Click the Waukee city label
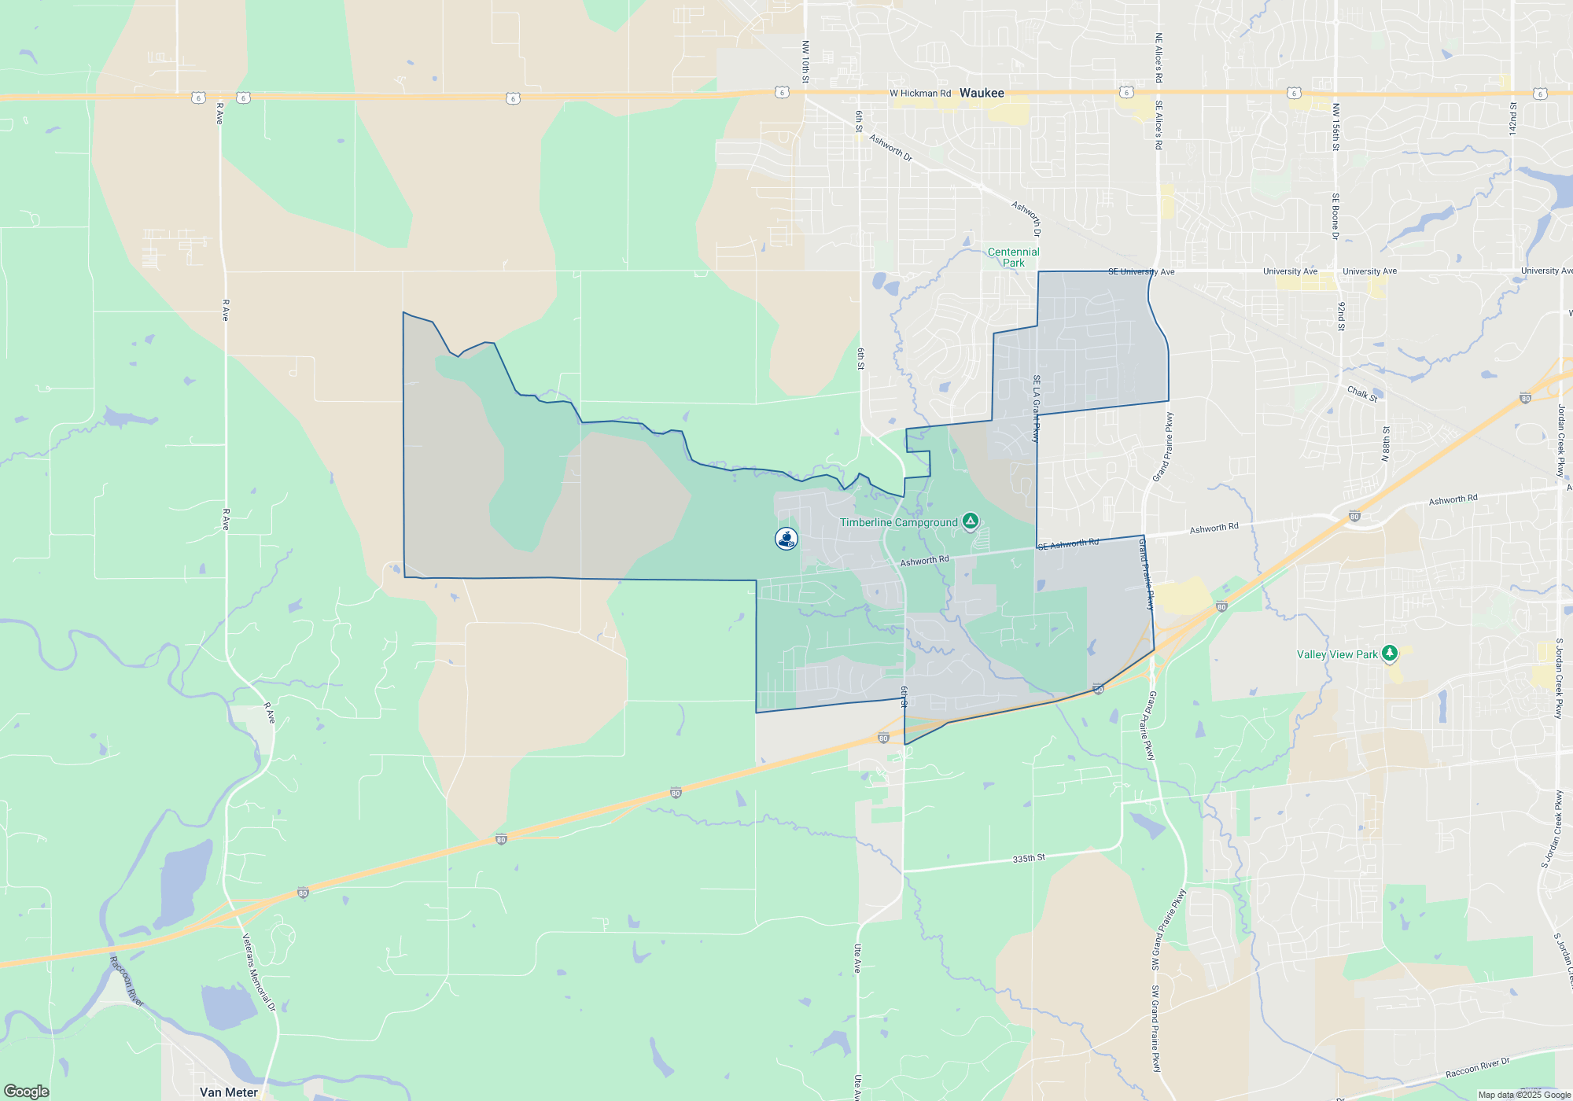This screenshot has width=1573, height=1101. click(x=982, y=93)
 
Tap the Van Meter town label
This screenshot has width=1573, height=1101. click(x=228, y=1092)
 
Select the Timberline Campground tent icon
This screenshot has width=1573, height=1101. click(x=971, y=521)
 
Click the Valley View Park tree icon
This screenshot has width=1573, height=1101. click(x=1390, y=654)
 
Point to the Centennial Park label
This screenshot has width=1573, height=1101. click(x=1013, y=257)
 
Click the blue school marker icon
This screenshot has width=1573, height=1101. click(x=786, y=539)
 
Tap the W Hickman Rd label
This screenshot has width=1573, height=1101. click(x=920, y=93)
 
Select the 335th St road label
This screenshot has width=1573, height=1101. click(x=1029, y=858)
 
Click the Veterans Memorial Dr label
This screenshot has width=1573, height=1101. click(x=259, y=972)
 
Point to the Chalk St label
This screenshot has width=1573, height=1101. click(x=1362, y=393)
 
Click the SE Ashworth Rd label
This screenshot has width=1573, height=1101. click(x=1068, y=544)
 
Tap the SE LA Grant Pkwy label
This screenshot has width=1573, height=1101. click(x=1037, y=408)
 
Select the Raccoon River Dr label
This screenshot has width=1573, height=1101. click(x=1477, y=1068)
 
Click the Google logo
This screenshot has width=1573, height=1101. click(x=27, y=1091)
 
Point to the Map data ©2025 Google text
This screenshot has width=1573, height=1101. click(x=1523, y=1095)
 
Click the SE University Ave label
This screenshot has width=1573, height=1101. click(x=1140, y=272)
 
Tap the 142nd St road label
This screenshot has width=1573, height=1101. click(x=1512, y=118)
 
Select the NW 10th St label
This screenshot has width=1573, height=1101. click(x=805, y=61)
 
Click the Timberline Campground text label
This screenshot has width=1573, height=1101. click(x=898, y=522)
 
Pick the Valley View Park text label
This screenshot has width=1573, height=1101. click(x=1337, y=654)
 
